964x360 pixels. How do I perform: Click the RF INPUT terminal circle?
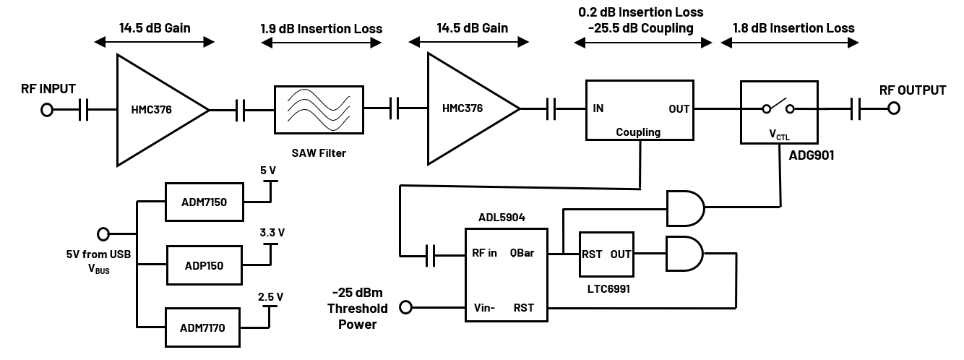coord(48,110)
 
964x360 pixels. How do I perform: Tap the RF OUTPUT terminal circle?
coord(894,109)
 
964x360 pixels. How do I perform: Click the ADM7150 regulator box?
coord(205,202)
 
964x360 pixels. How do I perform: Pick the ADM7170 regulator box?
coord(205,327)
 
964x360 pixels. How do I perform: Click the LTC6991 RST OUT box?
coord(606,254)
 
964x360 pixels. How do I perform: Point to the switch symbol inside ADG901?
coord(778,108)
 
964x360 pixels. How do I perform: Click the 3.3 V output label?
coord(272,233)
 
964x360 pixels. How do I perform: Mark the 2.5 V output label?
coord(270,296)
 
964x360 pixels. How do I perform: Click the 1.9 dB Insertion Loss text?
coord(322,29)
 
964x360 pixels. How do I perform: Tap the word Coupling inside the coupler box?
coord(638,132)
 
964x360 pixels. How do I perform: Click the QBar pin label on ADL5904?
coord(522,254)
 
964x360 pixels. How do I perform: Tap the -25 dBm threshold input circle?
coord(406,307)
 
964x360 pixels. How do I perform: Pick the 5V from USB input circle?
coord(103,234)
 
